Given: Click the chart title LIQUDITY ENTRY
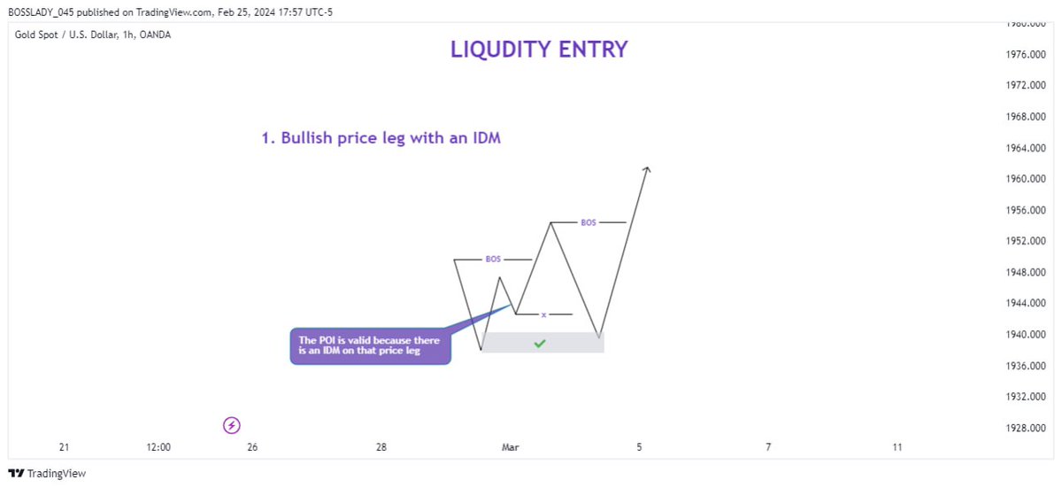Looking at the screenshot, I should point(539,50).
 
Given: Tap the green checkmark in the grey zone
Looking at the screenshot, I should point(539,344).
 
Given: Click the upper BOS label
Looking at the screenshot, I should point(589,222).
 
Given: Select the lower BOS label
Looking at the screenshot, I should point(493,259).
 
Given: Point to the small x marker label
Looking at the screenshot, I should point(543,314).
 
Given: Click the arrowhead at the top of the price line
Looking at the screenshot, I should point(648,169).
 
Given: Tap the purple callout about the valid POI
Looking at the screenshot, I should point(371,345).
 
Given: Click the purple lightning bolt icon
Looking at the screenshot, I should point(232,426).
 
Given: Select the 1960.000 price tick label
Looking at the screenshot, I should point(1014,179).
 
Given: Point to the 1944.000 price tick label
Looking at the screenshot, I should point(1014,303).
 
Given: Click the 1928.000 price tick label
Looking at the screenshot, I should point(1014,428).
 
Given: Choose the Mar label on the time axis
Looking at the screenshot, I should point(511,447).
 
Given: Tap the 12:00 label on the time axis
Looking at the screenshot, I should point(158,447).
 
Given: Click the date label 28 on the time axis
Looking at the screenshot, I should point(381,447).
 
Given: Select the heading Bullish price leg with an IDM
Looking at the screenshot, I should point(381,138).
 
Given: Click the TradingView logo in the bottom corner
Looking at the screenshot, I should point(48,474).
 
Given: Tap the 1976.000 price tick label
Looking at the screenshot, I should point(1014,55).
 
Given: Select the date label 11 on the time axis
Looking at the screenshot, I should point(897,447).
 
